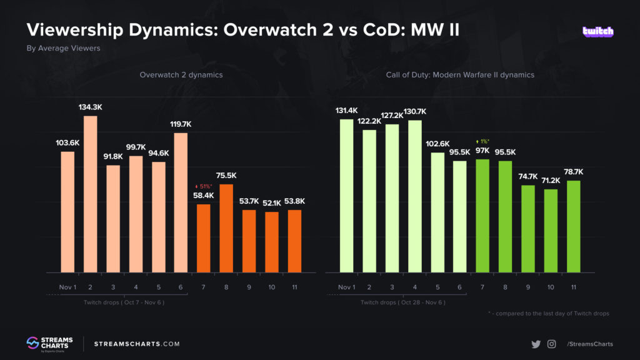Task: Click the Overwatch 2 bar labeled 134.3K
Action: pos(91,194)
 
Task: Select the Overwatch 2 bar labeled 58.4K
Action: pos(204,238)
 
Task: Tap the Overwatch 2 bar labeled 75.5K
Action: pos(226,228)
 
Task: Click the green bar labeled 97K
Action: pos(482,216)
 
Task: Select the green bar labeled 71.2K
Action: pos(551,231)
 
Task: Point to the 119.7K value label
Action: pos(181,124)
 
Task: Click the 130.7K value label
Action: pos(415,111)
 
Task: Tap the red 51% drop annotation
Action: pos(204,186)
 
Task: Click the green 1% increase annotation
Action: pos(482,141)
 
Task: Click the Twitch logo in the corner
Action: pos(598,31)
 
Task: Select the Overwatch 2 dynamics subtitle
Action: pos(181,74)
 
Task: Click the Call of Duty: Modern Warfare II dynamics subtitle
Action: pos(459,74)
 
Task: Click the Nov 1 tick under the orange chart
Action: pos(67,287)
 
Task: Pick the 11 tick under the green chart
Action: pos(573,287)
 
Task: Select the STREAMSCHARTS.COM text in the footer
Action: pos(136,344)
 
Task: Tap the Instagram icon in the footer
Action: pos(552,344)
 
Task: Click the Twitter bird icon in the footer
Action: pos(536,344)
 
